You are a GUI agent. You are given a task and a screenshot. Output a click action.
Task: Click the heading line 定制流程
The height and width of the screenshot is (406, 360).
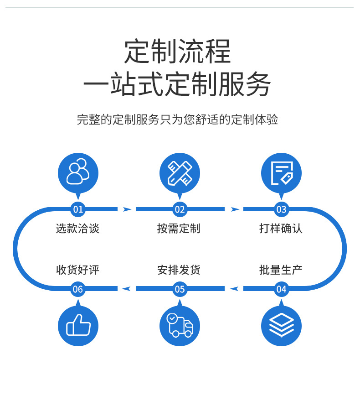coord(178,52)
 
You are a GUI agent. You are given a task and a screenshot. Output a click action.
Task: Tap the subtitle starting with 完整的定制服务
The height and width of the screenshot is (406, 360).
coord(178,120)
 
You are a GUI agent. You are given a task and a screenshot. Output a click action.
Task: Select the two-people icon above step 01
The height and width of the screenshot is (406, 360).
coord(78,172)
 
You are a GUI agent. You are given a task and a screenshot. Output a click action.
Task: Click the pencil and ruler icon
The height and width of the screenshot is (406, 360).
coord(180,172)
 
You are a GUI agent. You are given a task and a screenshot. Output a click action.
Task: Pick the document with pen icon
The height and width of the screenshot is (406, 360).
coord(281,172)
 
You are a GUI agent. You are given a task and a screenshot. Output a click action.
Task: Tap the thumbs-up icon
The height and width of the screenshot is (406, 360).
coord(78,326)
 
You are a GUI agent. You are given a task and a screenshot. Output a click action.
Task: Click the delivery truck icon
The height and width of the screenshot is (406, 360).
coord(180,326)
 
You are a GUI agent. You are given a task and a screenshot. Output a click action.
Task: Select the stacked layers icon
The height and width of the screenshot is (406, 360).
coord(281,326)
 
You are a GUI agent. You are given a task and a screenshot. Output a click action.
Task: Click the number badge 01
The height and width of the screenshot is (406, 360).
coord(78,209)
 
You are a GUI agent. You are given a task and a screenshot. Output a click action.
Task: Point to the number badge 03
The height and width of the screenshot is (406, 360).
coord(281,209)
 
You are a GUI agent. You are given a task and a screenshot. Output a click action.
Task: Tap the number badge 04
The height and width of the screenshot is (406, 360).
coord(281,289)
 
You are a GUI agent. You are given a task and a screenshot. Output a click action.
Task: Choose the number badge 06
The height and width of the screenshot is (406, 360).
coord(78,289)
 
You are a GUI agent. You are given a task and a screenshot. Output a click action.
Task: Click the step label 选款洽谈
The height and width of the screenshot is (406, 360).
coord(78,229)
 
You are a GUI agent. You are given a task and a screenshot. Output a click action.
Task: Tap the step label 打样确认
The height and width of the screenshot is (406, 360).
coord(281,229)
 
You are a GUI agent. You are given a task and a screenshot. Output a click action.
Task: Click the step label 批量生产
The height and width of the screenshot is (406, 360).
coord(281,270)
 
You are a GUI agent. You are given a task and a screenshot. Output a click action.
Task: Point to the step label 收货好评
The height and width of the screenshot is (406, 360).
coord(78,270)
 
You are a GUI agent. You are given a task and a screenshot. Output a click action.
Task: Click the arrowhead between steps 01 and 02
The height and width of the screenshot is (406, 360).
coord(127,209)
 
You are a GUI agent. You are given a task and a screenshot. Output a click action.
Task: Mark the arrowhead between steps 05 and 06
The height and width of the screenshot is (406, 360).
coord(127,289)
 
